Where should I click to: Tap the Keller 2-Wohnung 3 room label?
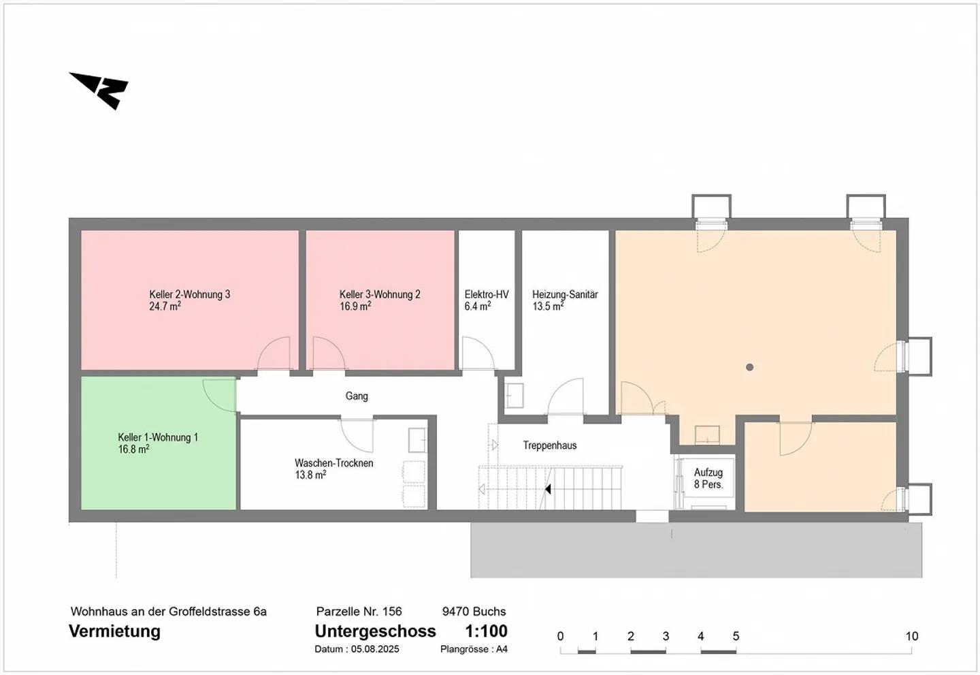189,295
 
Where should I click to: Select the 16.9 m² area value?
355,306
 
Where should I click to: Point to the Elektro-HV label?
487,295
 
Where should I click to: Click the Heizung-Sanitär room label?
565,295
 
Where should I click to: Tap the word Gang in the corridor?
357,396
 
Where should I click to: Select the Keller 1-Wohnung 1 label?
158,437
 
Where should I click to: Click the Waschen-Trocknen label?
333,463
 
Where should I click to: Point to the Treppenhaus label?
550,445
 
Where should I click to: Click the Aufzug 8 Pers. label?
708,478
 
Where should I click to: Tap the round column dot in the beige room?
749,367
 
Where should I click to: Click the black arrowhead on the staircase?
547,490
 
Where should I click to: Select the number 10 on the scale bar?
912,636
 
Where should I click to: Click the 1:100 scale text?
486,631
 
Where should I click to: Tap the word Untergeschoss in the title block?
376,631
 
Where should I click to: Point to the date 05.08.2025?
375,649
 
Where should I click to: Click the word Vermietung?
114,631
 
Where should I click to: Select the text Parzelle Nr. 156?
359,612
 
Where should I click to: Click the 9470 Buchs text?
474,612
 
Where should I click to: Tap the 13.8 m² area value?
310,475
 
